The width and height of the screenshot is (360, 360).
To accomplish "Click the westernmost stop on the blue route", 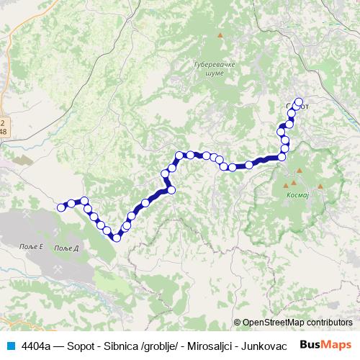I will tap(61, 207).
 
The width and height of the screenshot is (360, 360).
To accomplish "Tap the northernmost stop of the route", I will tap(299, 102).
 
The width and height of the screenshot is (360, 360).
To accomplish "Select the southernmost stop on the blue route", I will tap(116, 238).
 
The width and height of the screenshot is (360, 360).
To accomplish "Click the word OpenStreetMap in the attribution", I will tap(274, 323).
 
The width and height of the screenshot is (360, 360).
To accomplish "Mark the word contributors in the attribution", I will tap(330, 323).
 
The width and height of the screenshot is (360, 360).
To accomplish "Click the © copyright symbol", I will tap(238, 323).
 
